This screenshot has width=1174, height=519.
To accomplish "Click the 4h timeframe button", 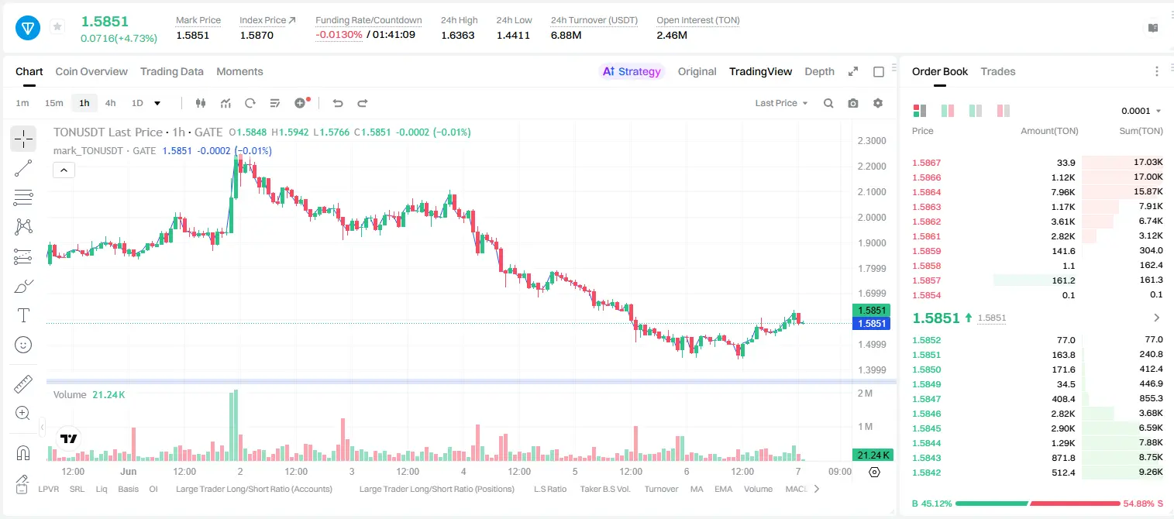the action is (110, 103).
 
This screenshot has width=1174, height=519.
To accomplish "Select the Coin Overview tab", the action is (91, 71).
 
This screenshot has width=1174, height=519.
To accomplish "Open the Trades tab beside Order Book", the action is (998, 71).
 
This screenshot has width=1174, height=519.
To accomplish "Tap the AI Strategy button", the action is (632, 71).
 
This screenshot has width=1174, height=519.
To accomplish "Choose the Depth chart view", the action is (819, 71).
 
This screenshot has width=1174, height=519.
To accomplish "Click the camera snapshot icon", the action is (853, 103).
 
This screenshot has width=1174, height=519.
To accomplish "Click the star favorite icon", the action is (57, 26).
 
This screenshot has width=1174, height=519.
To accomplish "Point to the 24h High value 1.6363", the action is (457, 35).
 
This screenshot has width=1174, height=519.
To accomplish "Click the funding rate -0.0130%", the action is (339, 35).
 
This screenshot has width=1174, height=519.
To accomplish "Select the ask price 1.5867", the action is (926, 163).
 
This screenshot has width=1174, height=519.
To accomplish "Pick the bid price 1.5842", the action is (926, 473).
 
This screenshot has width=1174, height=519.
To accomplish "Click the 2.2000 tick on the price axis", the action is (872, 167).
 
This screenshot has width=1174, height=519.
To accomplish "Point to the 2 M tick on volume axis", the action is (865, 394).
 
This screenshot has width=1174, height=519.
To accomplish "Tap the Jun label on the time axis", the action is (129, 471).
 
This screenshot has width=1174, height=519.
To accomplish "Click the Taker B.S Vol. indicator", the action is (604, 489).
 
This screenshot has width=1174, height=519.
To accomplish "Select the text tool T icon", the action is (23, 315).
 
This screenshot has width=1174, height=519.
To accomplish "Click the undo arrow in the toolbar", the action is (338, 103).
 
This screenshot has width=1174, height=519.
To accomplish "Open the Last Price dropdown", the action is (781, 103).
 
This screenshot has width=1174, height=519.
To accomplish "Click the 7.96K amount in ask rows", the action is (1063, 192).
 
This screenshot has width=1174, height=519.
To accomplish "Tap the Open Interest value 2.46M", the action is (671, 35).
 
